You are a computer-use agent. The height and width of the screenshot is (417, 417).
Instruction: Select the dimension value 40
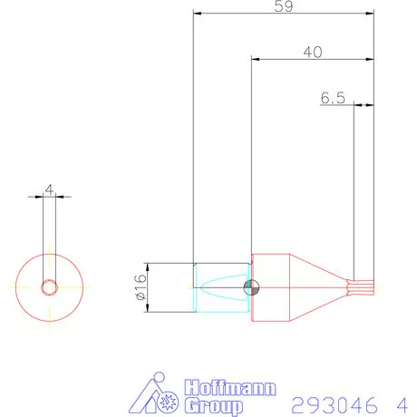pyautogui.click(x=313, y=52)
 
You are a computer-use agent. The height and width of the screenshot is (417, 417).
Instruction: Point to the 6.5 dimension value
pyautogui.click(x=333, y=98)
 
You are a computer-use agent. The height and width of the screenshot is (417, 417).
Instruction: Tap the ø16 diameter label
pyautogui.click(x=140, y=288)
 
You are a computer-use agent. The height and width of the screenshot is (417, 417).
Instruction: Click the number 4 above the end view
pyautogui.click(x=49, y=190)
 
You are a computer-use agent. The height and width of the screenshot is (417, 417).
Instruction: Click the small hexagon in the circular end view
pyautogui.click(x=49, y=287)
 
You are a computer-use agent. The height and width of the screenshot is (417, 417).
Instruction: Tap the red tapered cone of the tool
pyautogui.click(x=317, y=288)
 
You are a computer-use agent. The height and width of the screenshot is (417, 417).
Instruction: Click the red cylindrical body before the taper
pyautogui.click(x=271, y=288)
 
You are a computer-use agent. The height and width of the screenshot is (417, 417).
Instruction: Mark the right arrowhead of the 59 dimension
pyautogui.click(x=370, y=14)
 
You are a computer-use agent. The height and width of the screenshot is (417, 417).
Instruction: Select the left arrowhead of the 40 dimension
pyautogui.click(x=256, y=60)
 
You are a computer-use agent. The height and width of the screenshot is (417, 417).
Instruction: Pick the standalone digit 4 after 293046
pyautogui.click(x=400, y=402)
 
